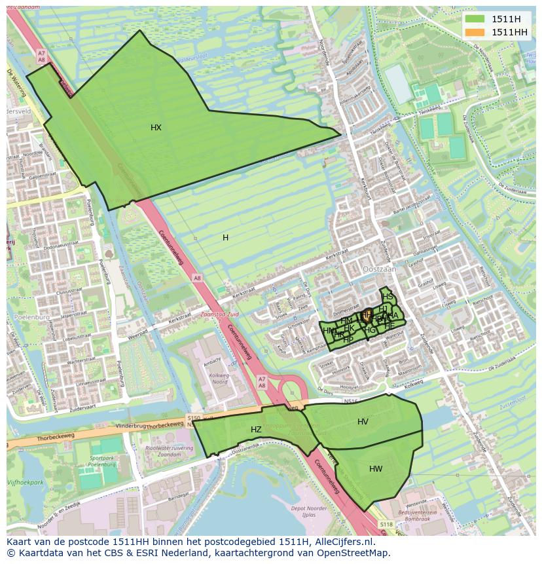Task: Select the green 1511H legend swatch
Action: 476,18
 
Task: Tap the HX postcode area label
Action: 156,128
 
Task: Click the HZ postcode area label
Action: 256,430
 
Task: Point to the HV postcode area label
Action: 363,422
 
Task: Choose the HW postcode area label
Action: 376,469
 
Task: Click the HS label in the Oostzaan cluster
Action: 388,297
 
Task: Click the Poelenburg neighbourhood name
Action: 27,316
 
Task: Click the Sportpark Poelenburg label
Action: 102,461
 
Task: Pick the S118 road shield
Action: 386,524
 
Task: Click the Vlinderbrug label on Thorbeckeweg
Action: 129,426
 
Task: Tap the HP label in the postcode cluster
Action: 348,339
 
